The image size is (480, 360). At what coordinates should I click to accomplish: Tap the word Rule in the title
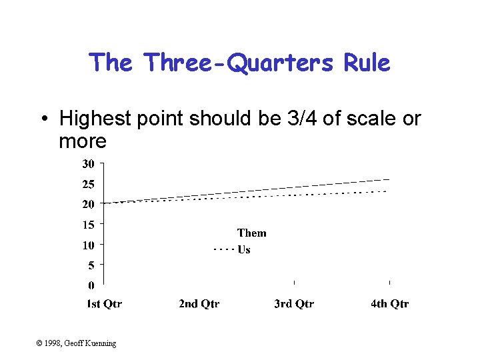coord(366,63)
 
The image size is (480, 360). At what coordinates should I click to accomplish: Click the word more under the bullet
coord(83,141)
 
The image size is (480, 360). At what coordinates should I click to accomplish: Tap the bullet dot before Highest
coord(43,119)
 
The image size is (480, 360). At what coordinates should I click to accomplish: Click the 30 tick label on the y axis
coord(88,163)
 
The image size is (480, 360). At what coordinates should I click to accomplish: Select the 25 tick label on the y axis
coord(88,184)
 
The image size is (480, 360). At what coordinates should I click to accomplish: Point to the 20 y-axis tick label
coord(88,204)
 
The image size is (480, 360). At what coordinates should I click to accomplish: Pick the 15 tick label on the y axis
coord(88,225)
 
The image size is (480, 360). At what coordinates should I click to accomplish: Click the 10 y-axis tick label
coord(88,245)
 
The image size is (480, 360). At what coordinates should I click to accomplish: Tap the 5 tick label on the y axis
coord(91,265)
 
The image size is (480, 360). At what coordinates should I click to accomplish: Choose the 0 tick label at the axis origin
coord(91,286)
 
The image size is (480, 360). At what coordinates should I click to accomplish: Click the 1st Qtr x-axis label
coord(105,304)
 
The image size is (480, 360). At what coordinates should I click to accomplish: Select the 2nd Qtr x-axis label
coord(199,304)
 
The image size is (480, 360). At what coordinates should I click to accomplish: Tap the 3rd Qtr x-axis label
coord(294,304)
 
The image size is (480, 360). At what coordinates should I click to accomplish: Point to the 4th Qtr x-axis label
coord(390,304)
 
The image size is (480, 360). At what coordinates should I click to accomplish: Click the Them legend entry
coord(251,233)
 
